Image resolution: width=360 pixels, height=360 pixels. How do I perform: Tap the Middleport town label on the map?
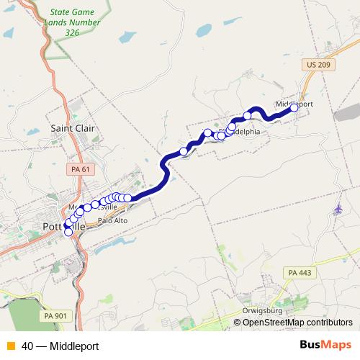[294, 104]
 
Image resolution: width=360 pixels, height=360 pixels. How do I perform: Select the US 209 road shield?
[317, 65]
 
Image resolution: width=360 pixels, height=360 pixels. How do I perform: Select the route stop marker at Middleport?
[294, 108]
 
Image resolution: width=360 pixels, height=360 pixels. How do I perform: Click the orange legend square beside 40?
[10, 346]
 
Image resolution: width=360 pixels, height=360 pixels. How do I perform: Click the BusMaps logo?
[325, 346]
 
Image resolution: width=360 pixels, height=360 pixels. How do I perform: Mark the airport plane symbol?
[338, 209]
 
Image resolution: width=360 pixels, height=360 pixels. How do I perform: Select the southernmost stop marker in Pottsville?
[68, 232]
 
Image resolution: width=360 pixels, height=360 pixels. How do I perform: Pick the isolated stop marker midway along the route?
[183, 152]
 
